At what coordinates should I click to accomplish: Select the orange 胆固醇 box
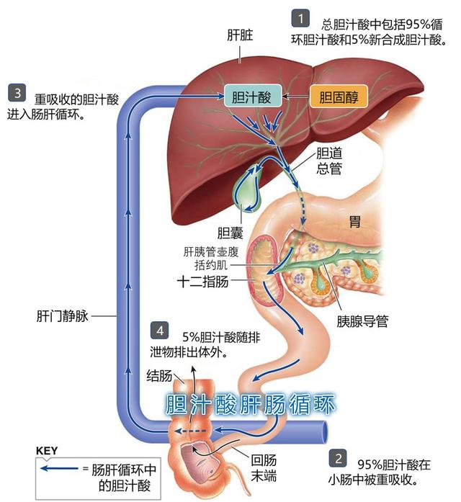tap(338, 97)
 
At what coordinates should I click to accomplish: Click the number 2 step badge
tap(336, 459)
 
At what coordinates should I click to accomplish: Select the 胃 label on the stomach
tap(354, 220)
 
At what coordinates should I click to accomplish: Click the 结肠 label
tap(159, 376)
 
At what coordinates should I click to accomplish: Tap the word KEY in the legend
tap(47, 451)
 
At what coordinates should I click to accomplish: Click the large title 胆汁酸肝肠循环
tap(251, 403)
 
